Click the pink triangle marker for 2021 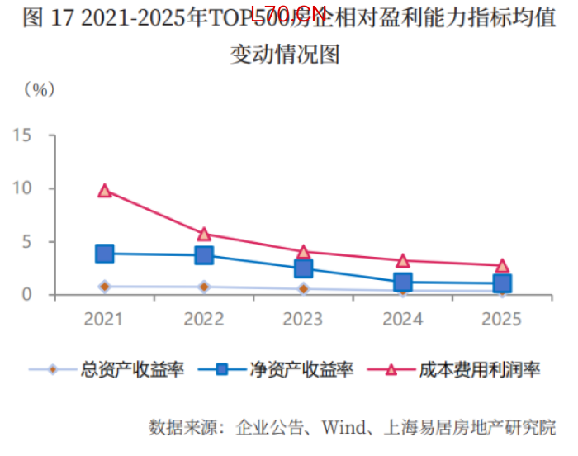105,190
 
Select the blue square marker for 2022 204,255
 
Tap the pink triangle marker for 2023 303,251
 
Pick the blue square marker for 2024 403,283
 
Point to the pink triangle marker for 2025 502,265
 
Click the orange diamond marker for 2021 105,287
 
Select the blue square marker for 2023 303,268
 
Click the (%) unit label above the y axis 39,89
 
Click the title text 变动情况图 285,55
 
